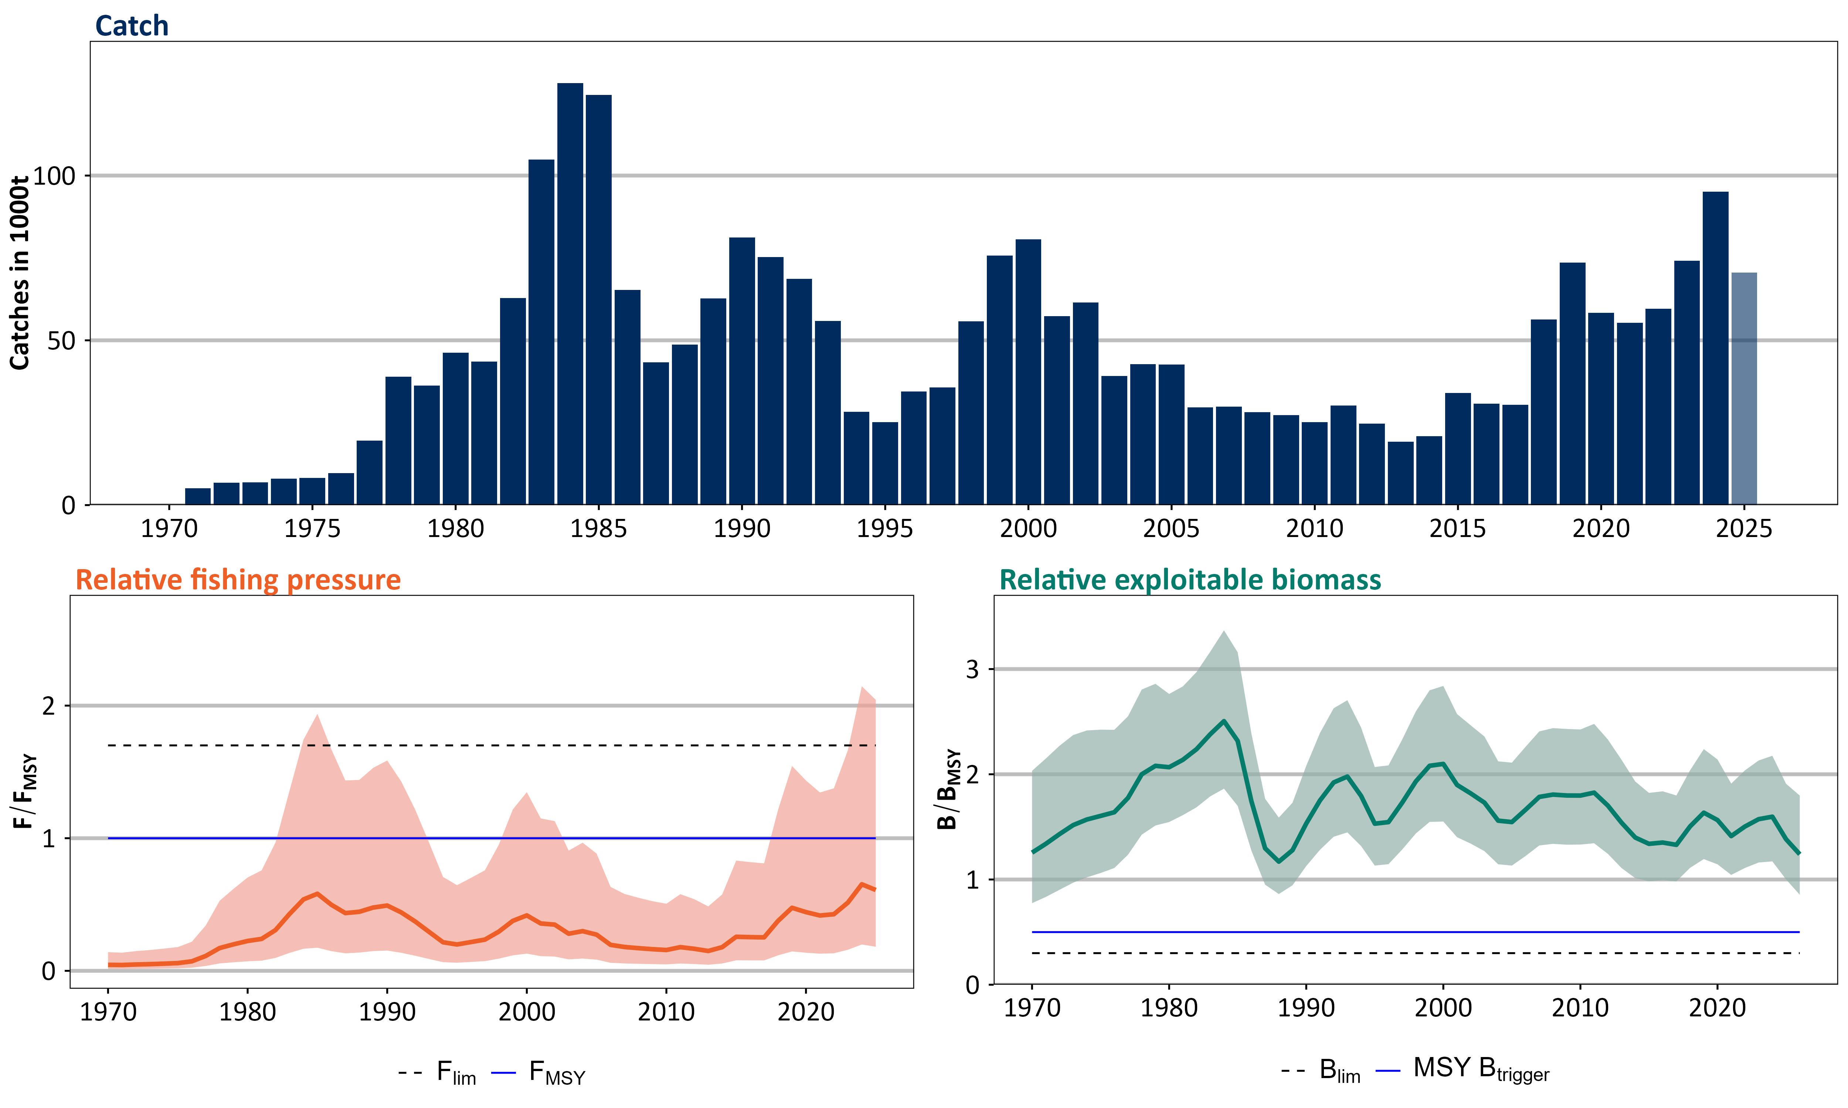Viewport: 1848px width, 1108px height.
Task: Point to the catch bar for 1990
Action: tap(742, 371)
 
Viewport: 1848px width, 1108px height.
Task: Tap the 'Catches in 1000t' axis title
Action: tap(20, 273)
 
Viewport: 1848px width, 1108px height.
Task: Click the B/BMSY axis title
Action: tap(948, 789)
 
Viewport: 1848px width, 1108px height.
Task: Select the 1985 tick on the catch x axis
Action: tap(598, 529)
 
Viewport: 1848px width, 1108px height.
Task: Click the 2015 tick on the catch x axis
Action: tap(1457, 529)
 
